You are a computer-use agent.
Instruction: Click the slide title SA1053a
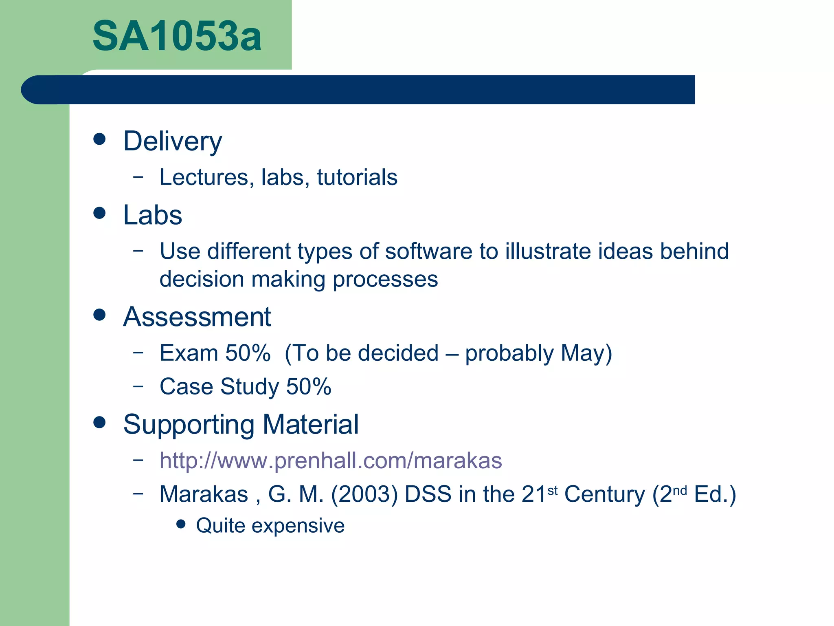coord(177,37)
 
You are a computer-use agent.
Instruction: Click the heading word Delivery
coord(173,141)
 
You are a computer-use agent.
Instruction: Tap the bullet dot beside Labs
coord(99,213)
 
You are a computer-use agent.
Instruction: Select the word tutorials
coord(357,177)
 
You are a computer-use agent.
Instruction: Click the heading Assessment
coord(197,317)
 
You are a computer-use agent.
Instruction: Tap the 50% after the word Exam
coord(248,353)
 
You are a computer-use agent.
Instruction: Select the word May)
coord(586,353)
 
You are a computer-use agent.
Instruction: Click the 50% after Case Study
coord(308,386)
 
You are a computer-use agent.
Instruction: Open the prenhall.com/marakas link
coord(331,461)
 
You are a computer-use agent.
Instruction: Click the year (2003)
coord(364,494)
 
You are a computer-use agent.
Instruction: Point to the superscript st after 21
coord(552,490)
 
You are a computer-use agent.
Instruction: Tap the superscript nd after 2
coord(680,490)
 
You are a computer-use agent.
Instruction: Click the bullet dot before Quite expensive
coord(181,524)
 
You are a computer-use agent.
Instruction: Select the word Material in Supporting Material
coord(310,425)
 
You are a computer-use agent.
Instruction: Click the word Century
coord(604,494)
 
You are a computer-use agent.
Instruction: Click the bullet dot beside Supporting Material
coord(99,422)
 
